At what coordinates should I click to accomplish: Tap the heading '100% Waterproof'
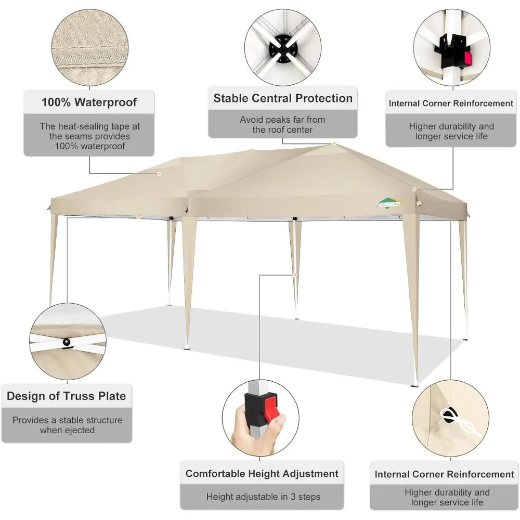point(89,102)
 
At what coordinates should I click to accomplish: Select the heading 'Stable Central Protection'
point(283,98)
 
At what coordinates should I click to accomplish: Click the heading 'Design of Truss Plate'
point(67,396)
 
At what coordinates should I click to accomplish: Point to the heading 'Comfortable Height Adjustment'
point(262,473)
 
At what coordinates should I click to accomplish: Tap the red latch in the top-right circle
point(467,59)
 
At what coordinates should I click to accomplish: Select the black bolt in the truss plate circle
point(67,342)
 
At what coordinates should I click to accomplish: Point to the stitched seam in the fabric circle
point(90,47)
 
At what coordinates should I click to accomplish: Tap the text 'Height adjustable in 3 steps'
point(263,497)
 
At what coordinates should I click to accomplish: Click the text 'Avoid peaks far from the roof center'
point(282,124)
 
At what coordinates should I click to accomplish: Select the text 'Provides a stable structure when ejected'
point(67,425)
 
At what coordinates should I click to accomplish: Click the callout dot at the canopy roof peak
point(334,144)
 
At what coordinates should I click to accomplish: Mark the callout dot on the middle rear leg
point(295,275)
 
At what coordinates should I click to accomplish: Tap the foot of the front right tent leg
point(414,385)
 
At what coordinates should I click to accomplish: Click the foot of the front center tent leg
point(188,347)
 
